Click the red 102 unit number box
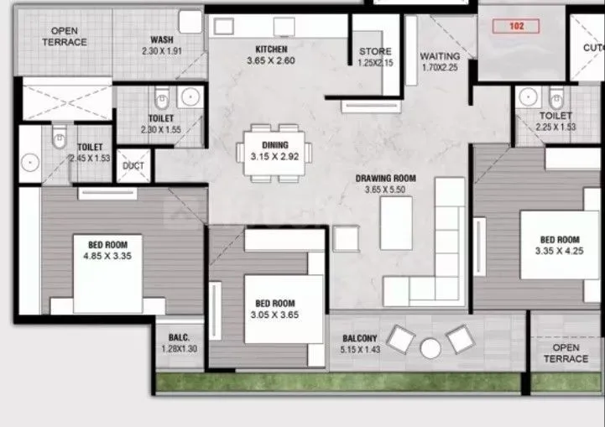tap(516, 26)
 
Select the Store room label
tap(375, 52)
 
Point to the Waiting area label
tap(440, 57)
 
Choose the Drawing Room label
tap(385, 179)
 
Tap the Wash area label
tap(162, 39)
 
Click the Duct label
tap(133, 166)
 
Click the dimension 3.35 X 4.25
tap(559, 250)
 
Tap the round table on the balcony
tap(430, 347)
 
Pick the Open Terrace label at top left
tap(64, 37)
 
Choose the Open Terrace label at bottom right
tap(566, 353)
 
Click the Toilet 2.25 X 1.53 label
tap(555, 121)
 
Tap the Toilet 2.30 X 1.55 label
tap(161, 125)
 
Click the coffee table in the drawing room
tap(396, 222)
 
